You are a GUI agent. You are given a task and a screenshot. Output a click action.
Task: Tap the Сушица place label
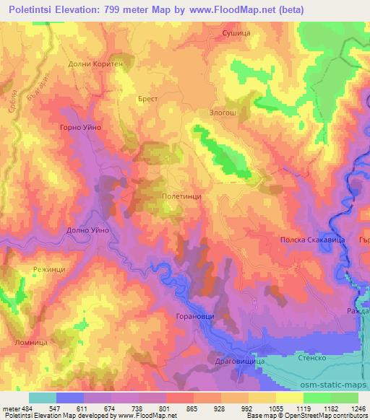coord(238,33)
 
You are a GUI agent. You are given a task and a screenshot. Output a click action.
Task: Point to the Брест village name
coord(147,97)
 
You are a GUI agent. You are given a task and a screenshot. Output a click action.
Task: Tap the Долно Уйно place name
coord(87,229)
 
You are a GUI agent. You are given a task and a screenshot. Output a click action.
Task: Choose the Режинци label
coord(50,268)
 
